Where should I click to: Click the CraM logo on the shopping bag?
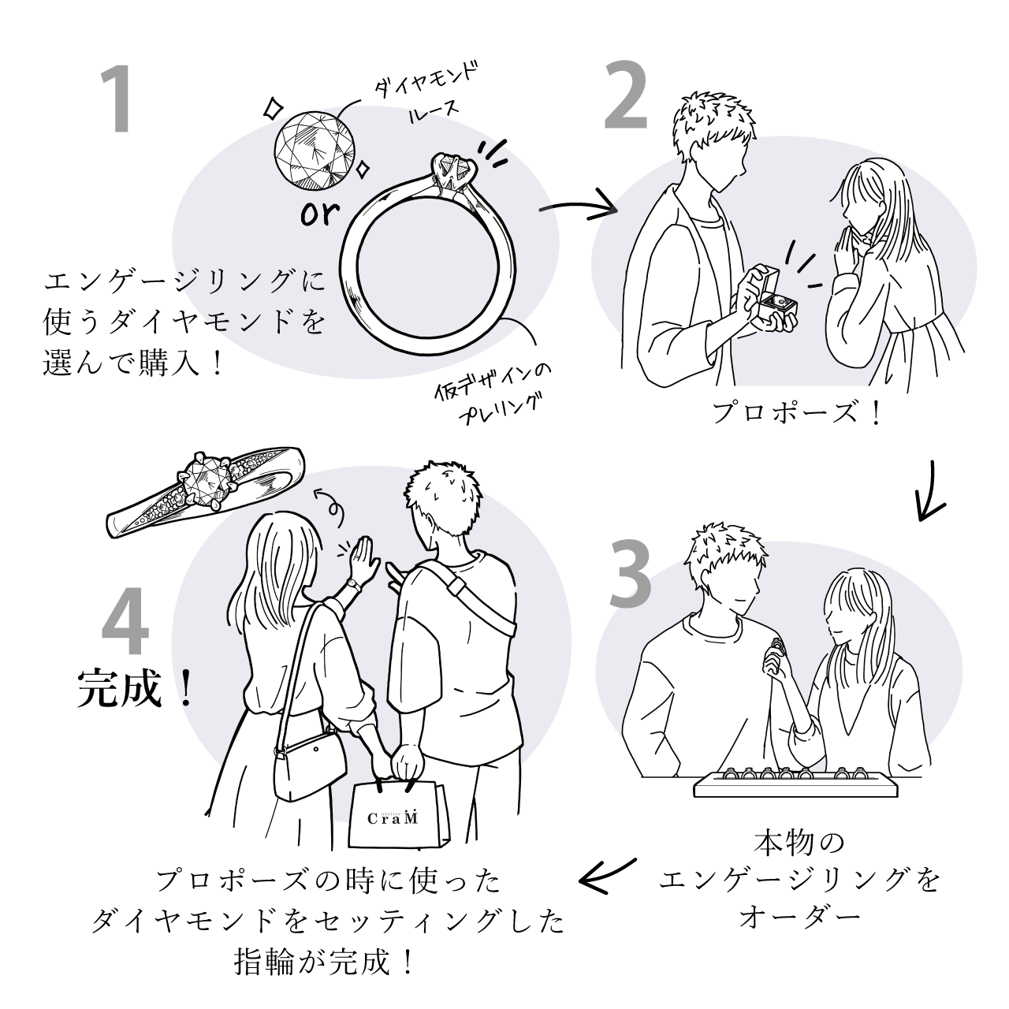tap(393, 818)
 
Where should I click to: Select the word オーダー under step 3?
tap(798, 917)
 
